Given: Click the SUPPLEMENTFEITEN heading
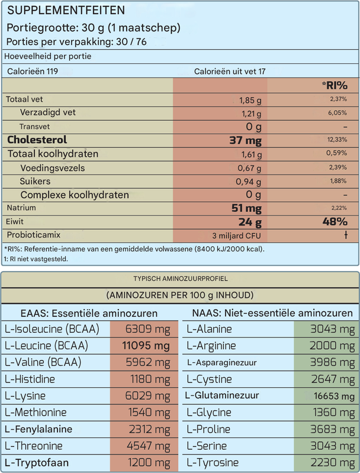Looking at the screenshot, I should coord(66,11).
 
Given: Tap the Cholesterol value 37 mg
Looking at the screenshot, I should coord(245,140).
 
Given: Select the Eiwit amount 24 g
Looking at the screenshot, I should coord(249,222).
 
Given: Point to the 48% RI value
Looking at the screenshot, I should coord(335,222).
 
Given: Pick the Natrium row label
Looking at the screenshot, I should coord(21,208).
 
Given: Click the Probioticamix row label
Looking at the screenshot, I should coord(34,235).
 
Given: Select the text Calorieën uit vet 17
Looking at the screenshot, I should coord(230,71).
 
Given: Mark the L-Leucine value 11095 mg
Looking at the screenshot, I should coord(146,346).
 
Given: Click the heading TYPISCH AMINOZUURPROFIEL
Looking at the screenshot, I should coord(180,278).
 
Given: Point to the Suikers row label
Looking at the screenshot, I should coord(35,181).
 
